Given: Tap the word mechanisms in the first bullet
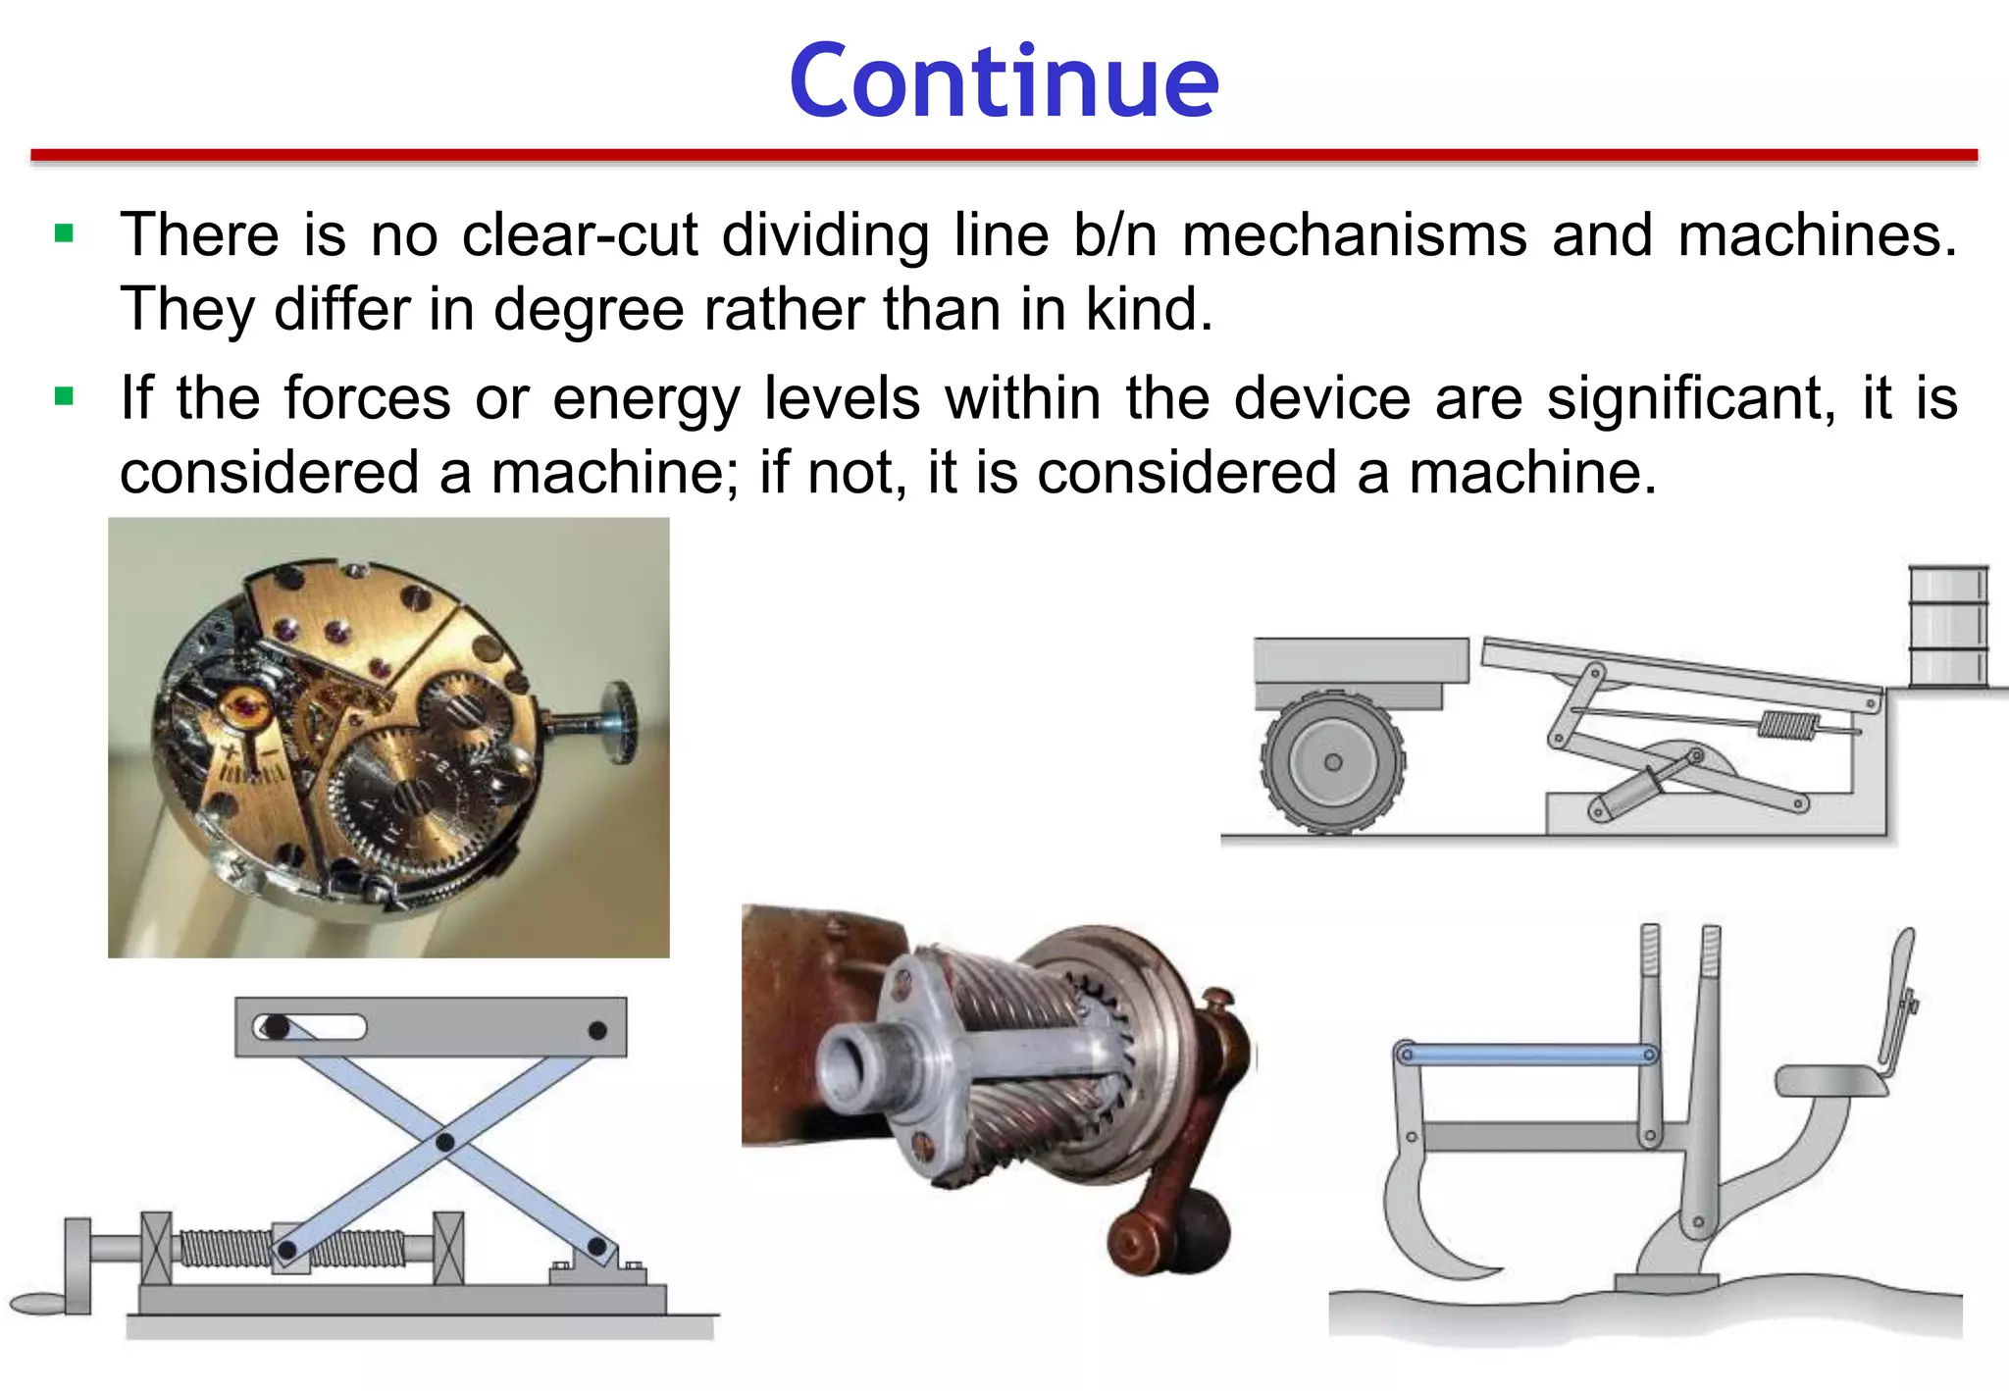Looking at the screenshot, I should click(x=1354, y=235).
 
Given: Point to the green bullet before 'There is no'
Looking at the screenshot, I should click(x=65, y=233).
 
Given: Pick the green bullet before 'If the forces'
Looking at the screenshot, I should click(x=65, y=397).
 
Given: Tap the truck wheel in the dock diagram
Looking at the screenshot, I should click(x=1332, y=762).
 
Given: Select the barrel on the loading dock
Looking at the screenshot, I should click(x=1947, y=626).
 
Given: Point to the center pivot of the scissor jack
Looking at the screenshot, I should click(x=444, y=1142).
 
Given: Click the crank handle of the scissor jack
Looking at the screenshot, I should click(x=39, y=1303).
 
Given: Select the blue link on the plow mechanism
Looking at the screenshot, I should click(x=1526, y=1055).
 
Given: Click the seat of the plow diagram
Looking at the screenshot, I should click(x=1829, y=1081).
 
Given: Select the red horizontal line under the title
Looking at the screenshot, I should click(x=1004, y=155).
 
